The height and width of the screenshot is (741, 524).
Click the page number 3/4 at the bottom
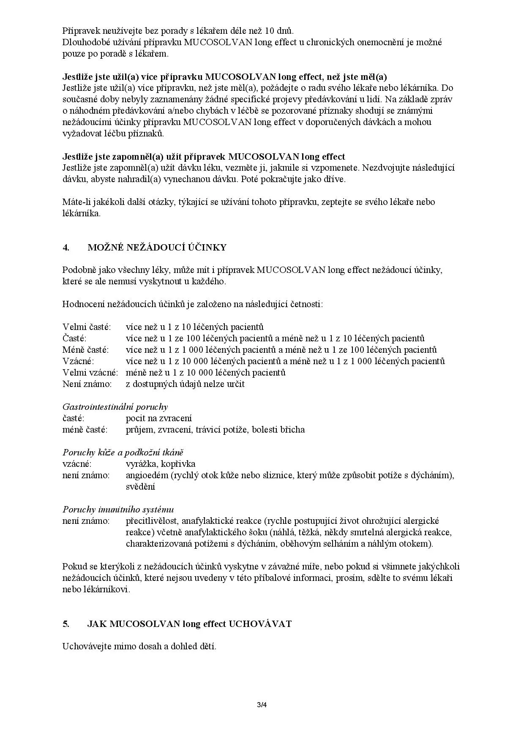(262, 705)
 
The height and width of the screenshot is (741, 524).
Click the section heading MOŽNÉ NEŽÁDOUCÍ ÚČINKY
(157, 248)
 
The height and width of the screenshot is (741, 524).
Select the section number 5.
(66, 624)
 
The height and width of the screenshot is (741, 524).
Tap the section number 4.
(66, 248)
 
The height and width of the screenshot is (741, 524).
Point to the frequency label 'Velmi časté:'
(87, 327)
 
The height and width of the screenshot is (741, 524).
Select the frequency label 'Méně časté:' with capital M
(86, 350)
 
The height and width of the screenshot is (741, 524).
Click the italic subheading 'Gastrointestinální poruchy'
(115, 407)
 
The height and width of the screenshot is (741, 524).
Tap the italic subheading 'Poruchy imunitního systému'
(118, 509)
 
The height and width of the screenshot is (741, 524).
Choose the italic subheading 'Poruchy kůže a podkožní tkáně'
(123, 452)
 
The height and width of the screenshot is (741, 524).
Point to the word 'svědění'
(140, 487)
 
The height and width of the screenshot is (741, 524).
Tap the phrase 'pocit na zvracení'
(159, 418)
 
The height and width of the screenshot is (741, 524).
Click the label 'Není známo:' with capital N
(87, 384)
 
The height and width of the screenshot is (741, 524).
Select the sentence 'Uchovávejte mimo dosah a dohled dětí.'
(139, 647)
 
